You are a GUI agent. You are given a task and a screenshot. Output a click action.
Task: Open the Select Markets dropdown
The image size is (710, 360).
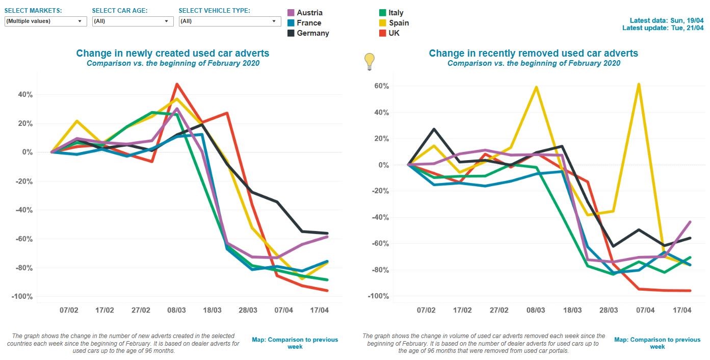tap(45, 21)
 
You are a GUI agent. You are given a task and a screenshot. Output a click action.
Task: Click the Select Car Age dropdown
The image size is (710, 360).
tap(133, 21)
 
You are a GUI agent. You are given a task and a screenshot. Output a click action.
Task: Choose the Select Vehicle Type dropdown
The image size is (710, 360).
tap(229, 21)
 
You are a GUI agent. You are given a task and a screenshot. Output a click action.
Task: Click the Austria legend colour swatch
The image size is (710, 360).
tap(291, 13)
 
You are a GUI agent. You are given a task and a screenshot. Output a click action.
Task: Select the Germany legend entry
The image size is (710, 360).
tap(312, 33)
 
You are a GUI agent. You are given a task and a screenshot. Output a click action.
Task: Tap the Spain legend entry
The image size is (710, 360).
tap(398, 23)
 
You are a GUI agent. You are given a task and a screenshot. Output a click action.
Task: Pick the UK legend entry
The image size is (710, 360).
tap(393, 33)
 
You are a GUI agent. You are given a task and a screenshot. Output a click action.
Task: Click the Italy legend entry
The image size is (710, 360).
tap(396, 13)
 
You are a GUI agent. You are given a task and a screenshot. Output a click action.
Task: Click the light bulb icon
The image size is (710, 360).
tap(369, 62)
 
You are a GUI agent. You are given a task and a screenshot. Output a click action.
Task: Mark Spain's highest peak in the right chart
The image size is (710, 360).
tap(639, 84)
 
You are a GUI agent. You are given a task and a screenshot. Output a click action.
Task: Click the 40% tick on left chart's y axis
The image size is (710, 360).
tap(25, 95)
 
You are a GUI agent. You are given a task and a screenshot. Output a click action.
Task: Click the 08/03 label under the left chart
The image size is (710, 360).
tap(176, 310)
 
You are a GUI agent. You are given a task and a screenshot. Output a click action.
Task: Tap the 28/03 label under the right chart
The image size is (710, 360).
tap(609, 310)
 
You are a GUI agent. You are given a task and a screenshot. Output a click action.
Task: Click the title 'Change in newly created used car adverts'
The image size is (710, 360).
tap(173, 53)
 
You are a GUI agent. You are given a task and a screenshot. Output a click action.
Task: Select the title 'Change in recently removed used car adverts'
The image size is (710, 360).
tap(533, 53)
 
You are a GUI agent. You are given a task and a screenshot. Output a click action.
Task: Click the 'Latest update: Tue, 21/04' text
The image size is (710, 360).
tap(663, 28)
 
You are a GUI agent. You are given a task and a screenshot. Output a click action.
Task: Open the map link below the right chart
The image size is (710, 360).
tap(657, 343)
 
